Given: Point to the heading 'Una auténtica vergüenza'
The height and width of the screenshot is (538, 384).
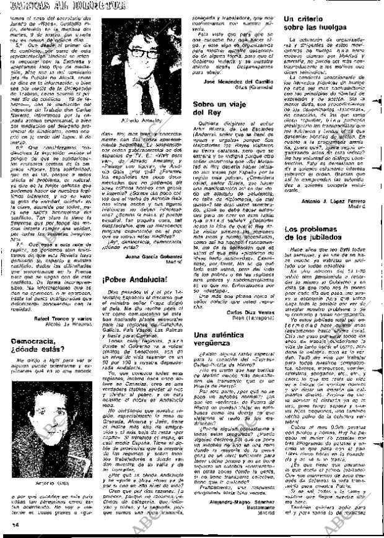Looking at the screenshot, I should click(x=224, y=339).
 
